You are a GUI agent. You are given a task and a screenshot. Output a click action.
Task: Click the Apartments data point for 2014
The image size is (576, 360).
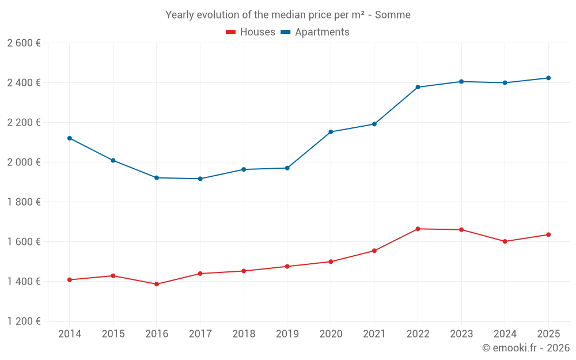[x=70, y=138]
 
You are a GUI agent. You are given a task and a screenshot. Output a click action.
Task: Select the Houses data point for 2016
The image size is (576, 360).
[x=157, y=284]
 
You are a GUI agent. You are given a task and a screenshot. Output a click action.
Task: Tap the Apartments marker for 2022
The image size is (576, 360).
[x=418, y=87]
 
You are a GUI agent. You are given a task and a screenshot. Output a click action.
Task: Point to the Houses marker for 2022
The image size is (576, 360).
[x=418, y=229]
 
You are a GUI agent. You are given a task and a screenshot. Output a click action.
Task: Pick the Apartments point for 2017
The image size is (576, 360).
[x=200, y=179]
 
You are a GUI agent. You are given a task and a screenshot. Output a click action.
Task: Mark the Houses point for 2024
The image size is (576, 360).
[x=505, y=241]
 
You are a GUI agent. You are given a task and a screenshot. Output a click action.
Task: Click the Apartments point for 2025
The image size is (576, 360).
[x=548, y=78]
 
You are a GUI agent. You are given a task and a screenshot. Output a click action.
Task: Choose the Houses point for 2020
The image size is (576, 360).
[x=331, y=262]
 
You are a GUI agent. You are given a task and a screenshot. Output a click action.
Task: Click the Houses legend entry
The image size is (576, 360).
[x=251, y=32]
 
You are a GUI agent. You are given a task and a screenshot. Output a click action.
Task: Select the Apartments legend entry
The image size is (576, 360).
[x=315, y=32]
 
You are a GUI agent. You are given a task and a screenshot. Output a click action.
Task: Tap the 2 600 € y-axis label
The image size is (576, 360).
[x=24, y=43]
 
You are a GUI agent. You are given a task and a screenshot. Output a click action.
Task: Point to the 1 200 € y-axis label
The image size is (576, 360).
[x=24, y=321]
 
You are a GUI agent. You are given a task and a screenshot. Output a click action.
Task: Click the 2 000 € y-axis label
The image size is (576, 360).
[x=24, y=162]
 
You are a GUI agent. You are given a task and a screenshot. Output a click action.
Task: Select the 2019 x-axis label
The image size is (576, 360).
[x=287, y=334]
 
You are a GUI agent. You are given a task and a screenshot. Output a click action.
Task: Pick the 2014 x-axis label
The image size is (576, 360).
[x=70, y=334]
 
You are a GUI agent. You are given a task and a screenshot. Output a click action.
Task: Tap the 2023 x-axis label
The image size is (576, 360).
[x=461, y=334]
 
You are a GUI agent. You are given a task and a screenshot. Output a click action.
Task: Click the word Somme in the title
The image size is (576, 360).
[x=393, y=15]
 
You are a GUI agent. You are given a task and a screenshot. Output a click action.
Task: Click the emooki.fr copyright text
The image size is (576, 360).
[x=526, y=348]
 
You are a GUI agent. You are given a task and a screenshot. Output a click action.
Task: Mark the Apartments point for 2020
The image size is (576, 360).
[x=331, y=132]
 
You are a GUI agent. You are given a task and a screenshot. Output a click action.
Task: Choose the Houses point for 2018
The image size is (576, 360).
[x=244, y=271]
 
